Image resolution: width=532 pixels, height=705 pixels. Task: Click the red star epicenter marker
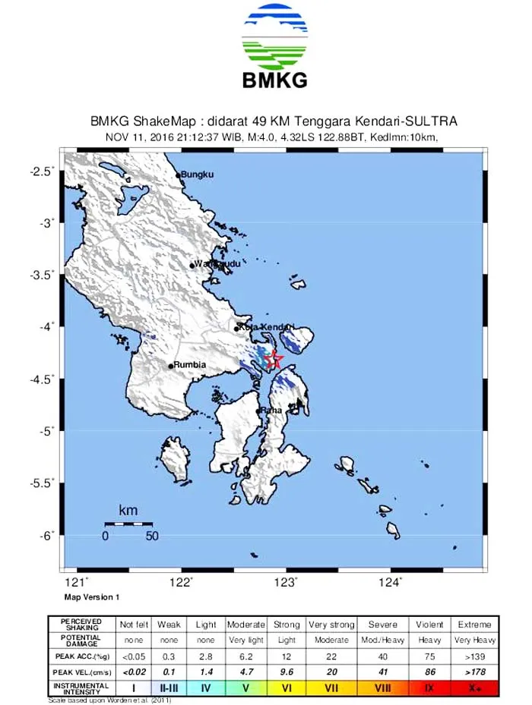275,360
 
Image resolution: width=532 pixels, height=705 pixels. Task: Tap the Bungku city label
197,175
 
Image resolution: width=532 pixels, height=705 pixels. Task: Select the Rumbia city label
190,365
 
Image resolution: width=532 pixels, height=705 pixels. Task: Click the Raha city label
271,411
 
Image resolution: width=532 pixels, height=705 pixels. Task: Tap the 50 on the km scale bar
152,537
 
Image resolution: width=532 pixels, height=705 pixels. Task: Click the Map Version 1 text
92,597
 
